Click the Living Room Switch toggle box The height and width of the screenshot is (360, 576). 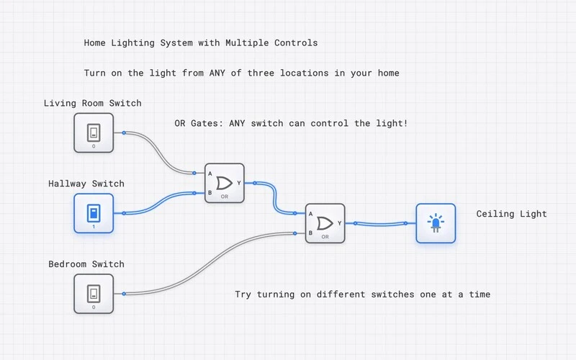pyautogui.click(x=94, y=132)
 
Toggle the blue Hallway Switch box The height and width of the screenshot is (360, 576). pyautogui.click(x=94, y=213)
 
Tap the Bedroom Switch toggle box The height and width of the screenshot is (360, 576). pyautogui.click(x=94, y=294)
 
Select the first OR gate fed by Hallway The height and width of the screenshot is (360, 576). pyautogui.click(x=225, y=183)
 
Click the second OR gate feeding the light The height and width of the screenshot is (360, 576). pyautogui.click(x=325, y=223)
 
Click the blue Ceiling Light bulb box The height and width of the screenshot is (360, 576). pyautogui.click(x=436, y=223)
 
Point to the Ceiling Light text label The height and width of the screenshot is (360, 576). pyautogui.click(x=511, y=214)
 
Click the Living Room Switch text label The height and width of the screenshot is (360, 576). pyautogui.click(x=92, y=103)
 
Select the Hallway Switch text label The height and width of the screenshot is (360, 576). pyautogui.click(x=86, y=184)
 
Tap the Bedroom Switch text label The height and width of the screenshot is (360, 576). pyautogui.click(x=86, y=264)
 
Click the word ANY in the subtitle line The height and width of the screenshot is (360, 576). pyautogui.click(x=218, y=73)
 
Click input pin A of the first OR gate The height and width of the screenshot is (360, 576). pyautogui.click(x=196, y=173)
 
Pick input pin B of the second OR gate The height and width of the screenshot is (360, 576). pyautogui.click(x=296, y=233)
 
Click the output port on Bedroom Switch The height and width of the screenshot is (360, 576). pyautogui.click(x=124, y=294)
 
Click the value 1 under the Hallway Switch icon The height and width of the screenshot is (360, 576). pyautogui.click(x=94, y=227)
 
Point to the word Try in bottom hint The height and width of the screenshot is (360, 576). pyautogui.click(x=243, y=294)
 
